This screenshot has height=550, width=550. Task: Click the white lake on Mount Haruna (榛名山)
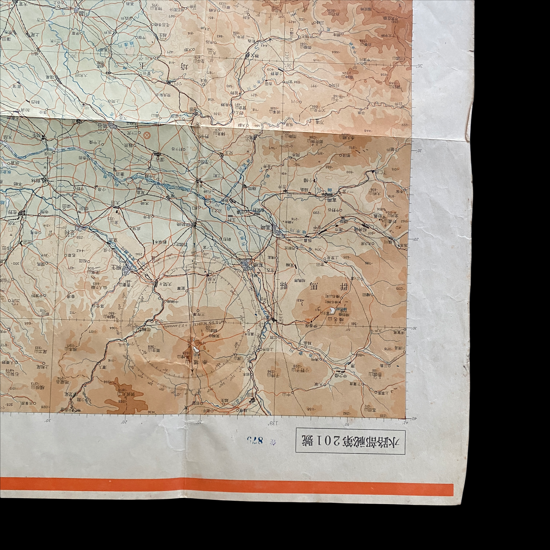click(332, 310)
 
